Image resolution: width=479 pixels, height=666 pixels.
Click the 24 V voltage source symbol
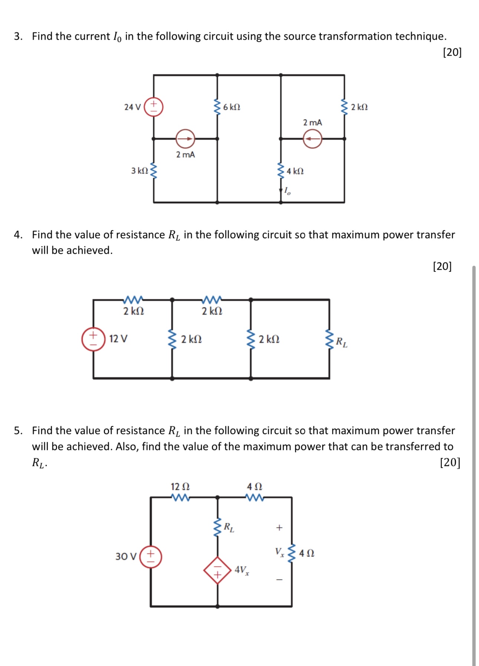point(153,107)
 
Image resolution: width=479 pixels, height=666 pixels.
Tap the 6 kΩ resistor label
point(232,107)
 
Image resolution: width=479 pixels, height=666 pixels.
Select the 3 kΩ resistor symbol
point(153,171)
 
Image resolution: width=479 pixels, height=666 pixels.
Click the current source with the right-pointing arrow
point(185,139)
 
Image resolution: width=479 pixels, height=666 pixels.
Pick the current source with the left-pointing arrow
point(312,139)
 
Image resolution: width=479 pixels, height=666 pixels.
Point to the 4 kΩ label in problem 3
point(295,171)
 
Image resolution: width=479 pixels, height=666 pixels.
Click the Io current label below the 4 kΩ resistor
point(287,191)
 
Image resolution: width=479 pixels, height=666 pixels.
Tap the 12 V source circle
point(93,339)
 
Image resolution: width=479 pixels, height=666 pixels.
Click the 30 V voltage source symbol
point(150,556)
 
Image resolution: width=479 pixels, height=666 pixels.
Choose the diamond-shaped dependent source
point(217,570)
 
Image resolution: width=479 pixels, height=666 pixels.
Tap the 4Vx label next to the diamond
point(241,570)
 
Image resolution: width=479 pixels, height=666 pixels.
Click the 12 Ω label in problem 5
point(180,486)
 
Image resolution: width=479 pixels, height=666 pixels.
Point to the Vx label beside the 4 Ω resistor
point(280,552)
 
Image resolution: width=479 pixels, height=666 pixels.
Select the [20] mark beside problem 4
point(442,266)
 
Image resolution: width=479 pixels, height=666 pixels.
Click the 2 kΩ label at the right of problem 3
point(359,107)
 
